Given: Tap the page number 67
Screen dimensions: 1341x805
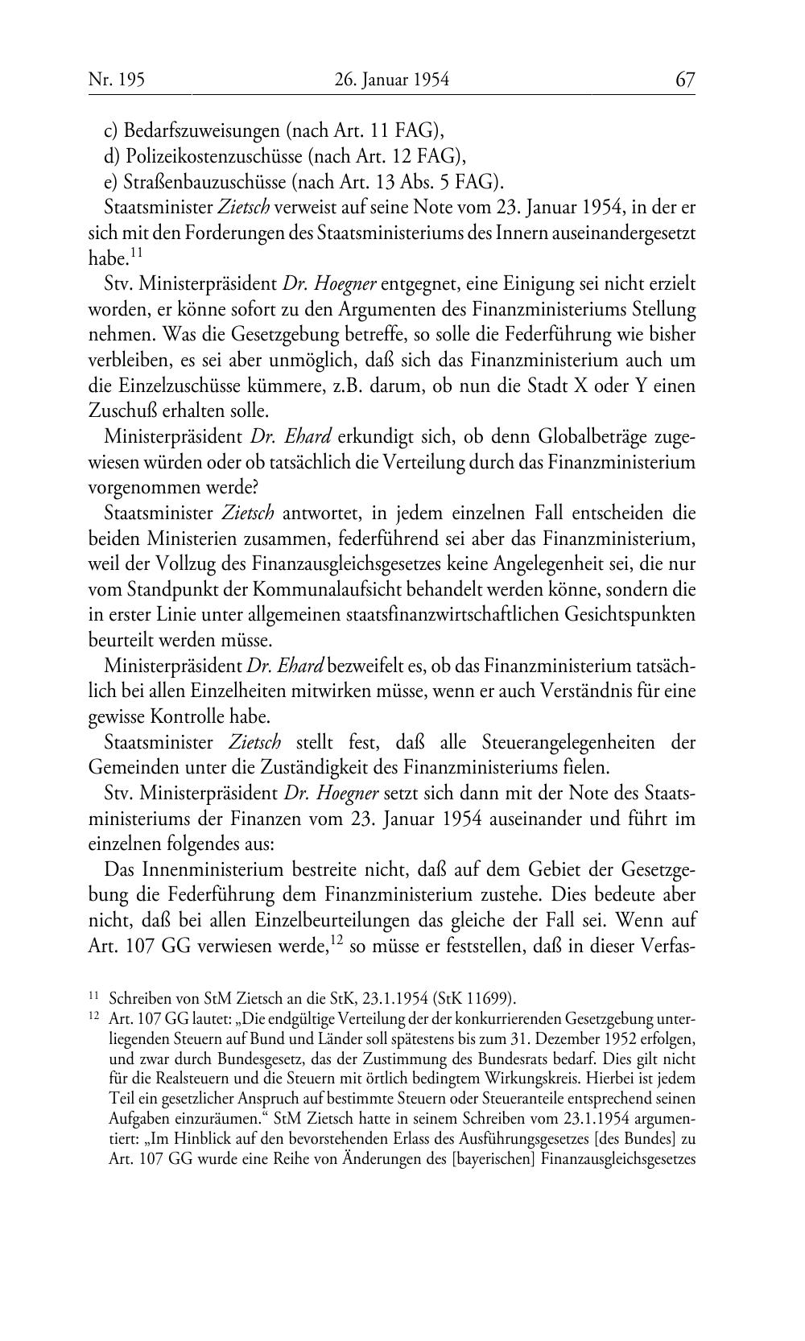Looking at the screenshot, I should point(685,79).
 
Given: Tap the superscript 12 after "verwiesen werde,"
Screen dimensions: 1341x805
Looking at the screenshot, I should point(338,939).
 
